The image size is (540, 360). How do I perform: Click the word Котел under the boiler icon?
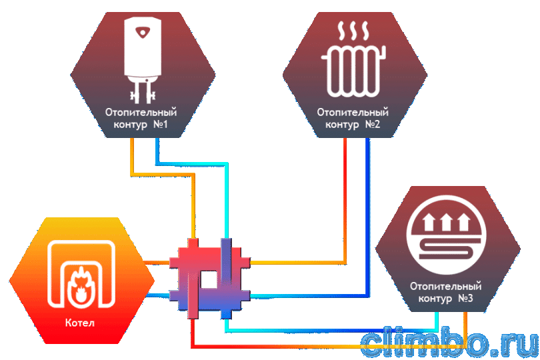coord(79,323)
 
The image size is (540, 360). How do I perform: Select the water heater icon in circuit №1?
coord(143,61)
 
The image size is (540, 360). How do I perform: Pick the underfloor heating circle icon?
coord(446,235)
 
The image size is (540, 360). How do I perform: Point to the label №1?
coord(161,124)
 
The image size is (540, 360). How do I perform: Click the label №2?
coord(372,124)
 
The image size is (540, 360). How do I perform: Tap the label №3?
coord(465,297)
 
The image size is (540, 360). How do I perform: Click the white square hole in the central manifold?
coord(209,279)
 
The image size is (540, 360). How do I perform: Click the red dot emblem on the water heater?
coord(142,33)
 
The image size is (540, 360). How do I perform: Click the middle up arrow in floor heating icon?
coord(446,222)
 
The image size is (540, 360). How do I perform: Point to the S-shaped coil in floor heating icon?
coord(446,249)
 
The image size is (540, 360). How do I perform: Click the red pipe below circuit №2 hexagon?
coord(345,201)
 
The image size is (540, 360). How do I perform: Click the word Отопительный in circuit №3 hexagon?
coord(445,286)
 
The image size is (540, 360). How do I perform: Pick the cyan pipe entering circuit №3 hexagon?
coord(437,321)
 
